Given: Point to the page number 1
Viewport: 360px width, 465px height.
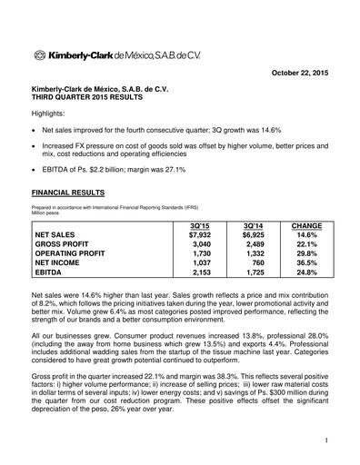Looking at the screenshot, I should coord(325,441).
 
